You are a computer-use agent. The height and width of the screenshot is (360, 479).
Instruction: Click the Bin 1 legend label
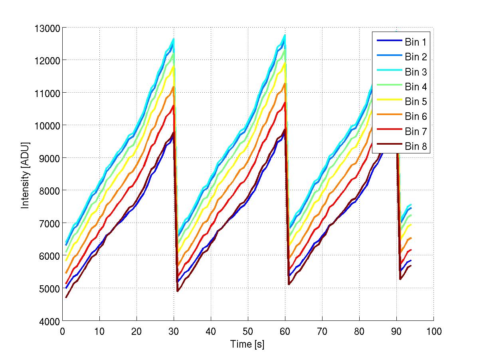click(x=416, y=42)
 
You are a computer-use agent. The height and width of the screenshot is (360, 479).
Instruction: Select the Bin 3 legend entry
click(x=416, y=72)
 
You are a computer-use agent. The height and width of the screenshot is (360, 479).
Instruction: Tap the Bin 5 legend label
click(x=416, y=101)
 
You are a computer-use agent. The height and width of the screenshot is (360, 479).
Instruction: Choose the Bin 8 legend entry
click(x=416, y=147)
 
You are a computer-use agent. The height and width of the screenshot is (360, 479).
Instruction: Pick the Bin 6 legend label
click(x=416, y=116)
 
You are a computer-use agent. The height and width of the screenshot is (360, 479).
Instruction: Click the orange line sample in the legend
click(x=388, y=116)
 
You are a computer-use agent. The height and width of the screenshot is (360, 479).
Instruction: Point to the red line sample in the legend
click(x=388, y=131)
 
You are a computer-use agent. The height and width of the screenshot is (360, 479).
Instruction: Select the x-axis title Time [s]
click(x=247, y=344)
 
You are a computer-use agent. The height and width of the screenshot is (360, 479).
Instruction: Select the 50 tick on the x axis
click(x=248, y=331)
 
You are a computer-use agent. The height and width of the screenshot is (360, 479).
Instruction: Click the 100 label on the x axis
click(x=433, y=331)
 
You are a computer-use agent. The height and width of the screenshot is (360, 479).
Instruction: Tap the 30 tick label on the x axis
click(x=174, y=331)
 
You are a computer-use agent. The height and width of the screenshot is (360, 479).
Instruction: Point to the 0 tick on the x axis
click(x=62, y=331)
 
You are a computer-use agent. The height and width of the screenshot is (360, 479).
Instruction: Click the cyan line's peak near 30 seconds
click(x=174, y=39)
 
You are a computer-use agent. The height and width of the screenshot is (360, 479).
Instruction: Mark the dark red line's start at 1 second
click(x=66, y=297)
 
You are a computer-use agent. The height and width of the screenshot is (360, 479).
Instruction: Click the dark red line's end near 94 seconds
click(x=411, y=265)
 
